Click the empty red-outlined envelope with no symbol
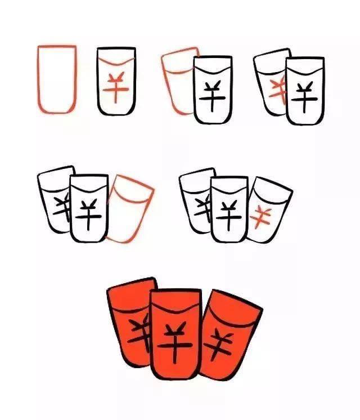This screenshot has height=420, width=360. click(38, 81)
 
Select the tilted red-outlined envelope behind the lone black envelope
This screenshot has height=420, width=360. click(167, 81)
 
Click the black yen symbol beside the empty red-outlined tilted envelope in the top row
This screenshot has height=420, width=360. click(213, 96)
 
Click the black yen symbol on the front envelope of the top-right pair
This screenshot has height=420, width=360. click(304, 97)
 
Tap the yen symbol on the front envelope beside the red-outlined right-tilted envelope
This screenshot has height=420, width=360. click(88, 215)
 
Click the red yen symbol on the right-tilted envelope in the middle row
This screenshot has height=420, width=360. click(260, 217)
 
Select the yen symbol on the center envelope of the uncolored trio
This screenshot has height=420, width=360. click(229, 216)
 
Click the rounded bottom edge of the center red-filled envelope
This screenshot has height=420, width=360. click(175, 378)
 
